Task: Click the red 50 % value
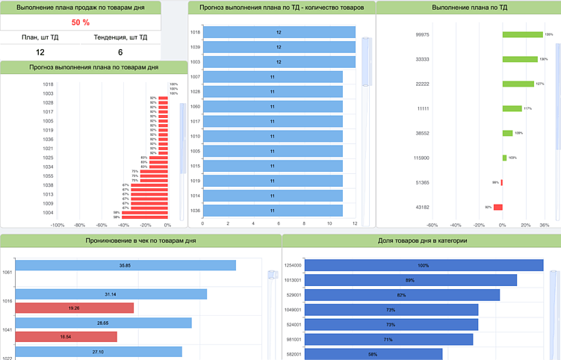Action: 81,22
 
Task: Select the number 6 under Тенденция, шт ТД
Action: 120,52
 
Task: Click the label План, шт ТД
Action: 40,37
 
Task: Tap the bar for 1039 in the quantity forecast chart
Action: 279,47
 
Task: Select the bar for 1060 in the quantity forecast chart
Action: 272,107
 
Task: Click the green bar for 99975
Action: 522,34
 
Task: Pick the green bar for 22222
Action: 518,84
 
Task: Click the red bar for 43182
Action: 498,207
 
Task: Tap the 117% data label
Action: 527,108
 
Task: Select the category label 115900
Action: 421,158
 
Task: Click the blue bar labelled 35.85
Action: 125,265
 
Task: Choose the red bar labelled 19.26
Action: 74,308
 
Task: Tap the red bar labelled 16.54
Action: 66,337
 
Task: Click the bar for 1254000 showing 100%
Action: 424,265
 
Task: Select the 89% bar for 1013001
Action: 410,280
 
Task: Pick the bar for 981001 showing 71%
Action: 388,339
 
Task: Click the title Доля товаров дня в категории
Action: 423,240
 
